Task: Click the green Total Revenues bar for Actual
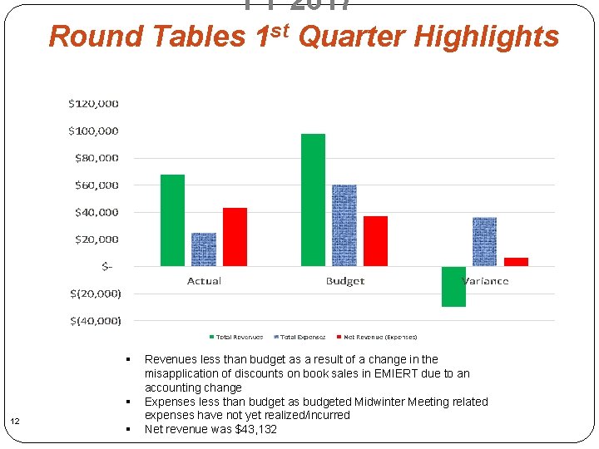click(x=172, y=220)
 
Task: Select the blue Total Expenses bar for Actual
click(x=204, y=249)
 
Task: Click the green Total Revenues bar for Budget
click(x=313, y=200)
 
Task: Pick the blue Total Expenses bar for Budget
click(x=344, y=225)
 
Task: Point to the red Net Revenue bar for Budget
click(x=375, y=241)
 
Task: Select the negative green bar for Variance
click(x=453, y=286)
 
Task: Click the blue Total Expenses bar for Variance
click(x=484, y=242)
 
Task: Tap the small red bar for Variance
click(x=516, y=262)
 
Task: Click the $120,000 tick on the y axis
click(x=93, y=104)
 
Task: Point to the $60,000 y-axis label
click(x=93, y=185)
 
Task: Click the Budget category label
click(x=345, y=281)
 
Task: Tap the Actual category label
click(x=204, y=281)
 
